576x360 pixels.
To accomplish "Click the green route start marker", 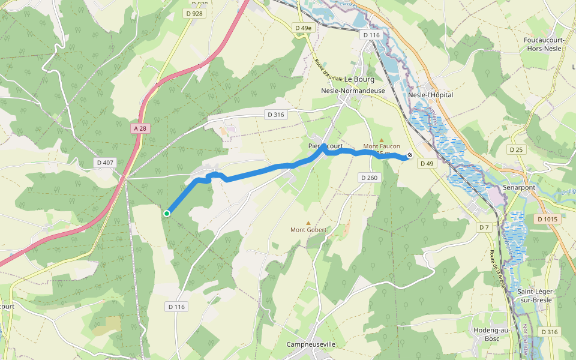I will [167, 213].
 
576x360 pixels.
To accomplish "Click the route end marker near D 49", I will [410, 155].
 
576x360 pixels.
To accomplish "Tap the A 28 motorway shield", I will [140, 128].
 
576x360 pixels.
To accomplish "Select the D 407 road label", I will [104, 163].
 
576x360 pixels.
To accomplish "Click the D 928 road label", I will [194, 13].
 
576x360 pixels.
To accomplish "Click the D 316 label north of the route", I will [275, 115].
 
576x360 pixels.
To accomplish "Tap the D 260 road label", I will [369, 178].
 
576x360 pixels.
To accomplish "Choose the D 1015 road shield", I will [547, 220].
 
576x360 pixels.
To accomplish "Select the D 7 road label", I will [484, 227].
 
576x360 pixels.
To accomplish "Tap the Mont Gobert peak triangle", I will [308, 223].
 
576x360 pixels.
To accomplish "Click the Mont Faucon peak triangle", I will [381, 140].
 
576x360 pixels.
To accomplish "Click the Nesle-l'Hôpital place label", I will [430, 95].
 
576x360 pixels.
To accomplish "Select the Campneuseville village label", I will [311, 344].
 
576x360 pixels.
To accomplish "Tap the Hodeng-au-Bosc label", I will [491, 334].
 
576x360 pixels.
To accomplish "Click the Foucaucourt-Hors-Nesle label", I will [547, 44].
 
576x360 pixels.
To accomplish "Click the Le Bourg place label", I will [359, 79].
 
